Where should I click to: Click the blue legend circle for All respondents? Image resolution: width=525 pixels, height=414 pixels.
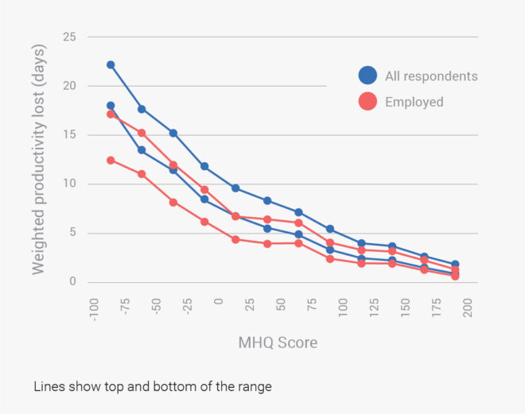(367, 76)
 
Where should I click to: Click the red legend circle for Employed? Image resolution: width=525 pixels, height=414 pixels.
(367, 102)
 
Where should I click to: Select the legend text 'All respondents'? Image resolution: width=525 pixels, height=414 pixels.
(431, 76)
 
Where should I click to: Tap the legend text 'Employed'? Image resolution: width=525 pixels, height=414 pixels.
(414, 102)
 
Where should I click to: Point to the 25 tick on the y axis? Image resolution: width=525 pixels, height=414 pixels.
(70, 37)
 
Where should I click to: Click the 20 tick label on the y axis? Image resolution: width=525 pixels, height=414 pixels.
(70, 86)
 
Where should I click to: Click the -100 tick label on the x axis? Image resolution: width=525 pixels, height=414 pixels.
(92, 308)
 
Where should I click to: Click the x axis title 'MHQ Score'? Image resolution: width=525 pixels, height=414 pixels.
(278, 343)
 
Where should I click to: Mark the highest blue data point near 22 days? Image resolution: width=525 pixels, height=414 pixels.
(111, 65)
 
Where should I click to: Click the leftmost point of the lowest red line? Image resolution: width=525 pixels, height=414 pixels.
(111, 161)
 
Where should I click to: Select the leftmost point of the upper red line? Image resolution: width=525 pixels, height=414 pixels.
(111, 114)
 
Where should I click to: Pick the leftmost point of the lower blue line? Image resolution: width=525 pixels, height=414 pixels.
(111, 106)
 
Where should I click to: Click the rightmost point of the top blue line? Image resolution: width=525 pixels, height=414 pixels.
(455, 264)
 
